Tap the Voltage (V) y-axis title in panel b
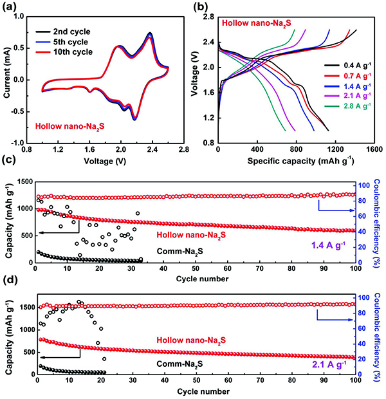194,79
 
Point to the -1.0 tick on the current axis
25,143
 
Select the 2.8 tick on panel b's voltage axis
207,16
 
